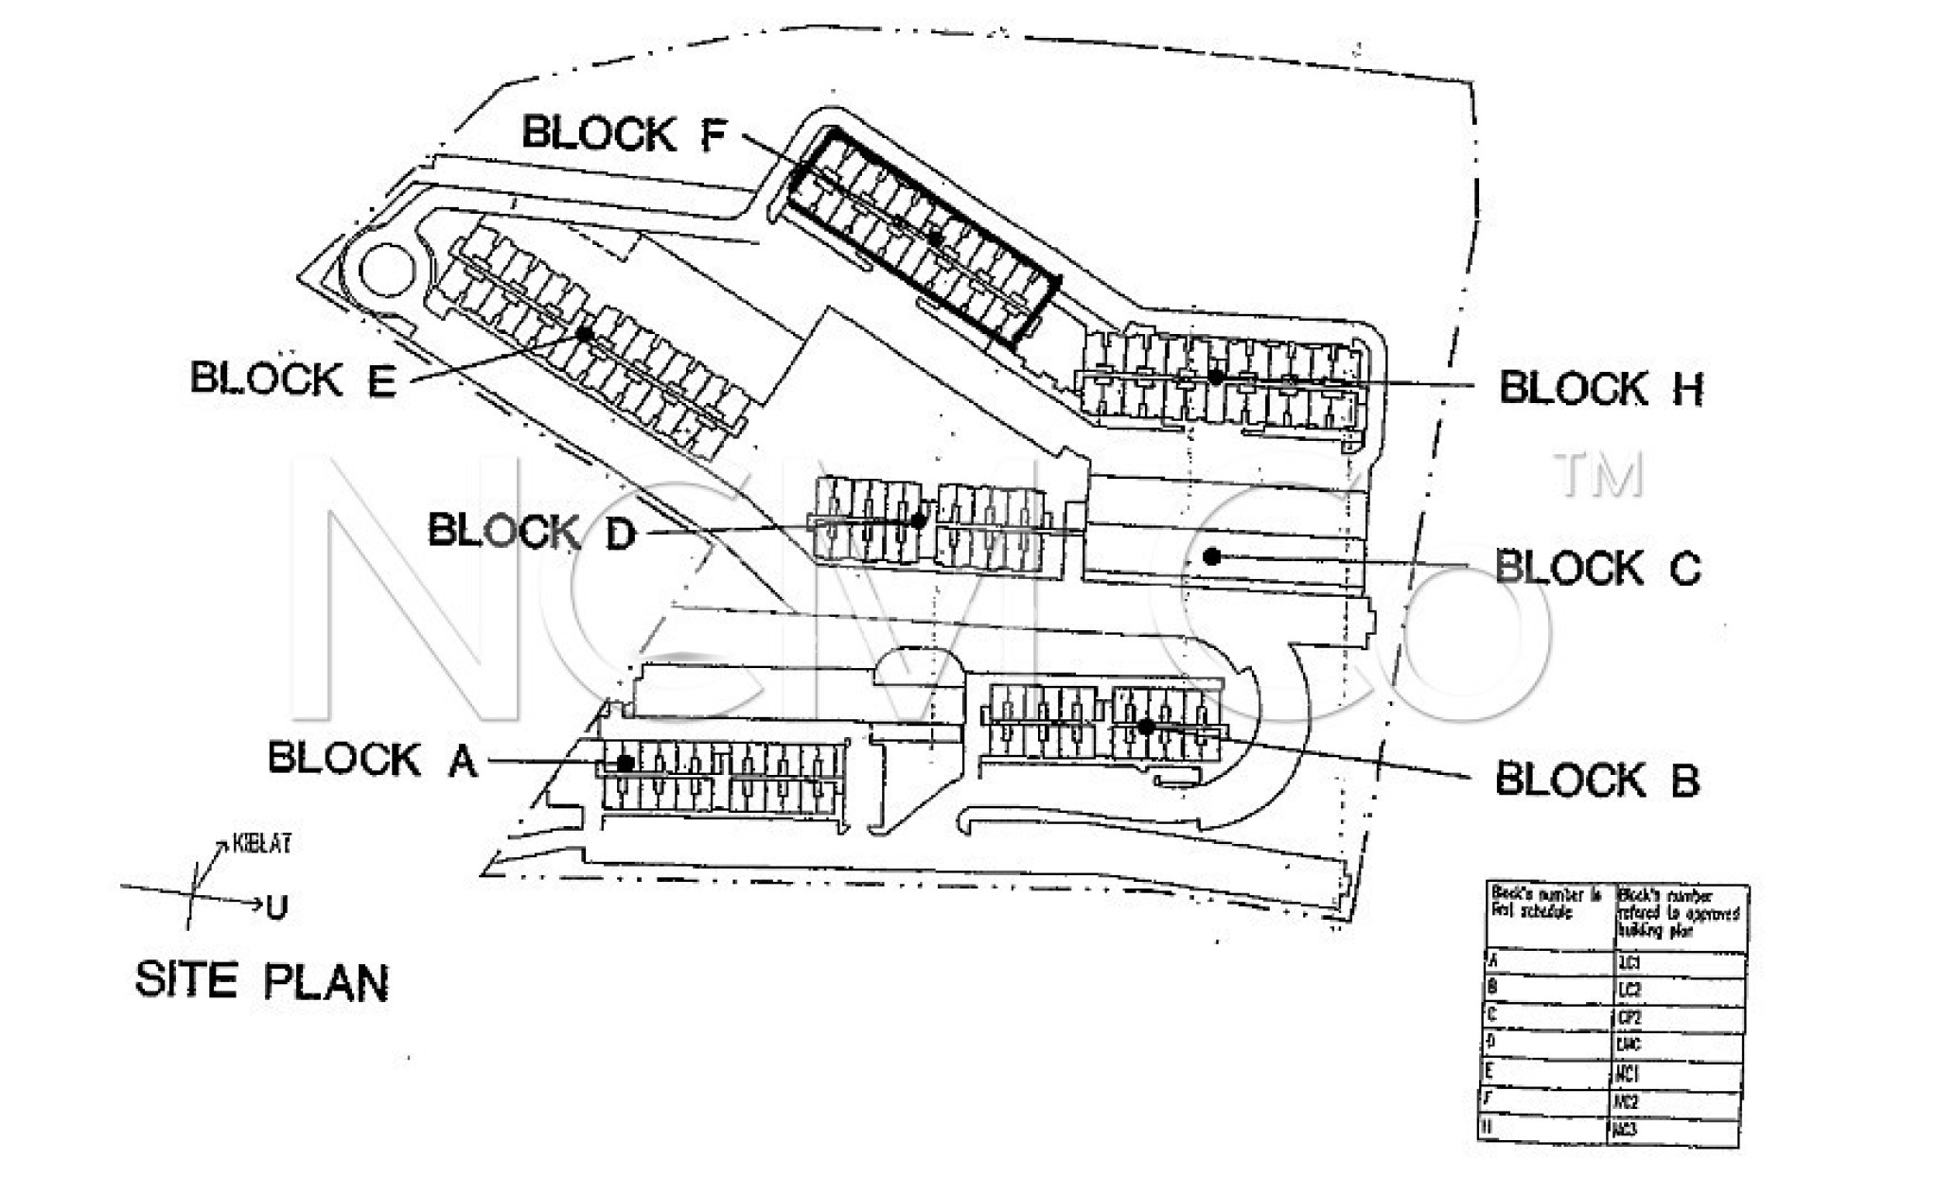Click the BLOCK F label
click(625, 133)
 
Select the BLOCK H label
click(1601, 388)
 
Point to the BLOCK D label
click(532, 532)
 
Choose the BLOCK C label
click(1597, 568)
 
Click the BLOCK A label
click(373, 759)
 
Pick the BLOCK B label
click(1597, 780)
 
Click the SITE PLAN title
click(262, 980)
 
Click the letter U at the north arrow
click(276, 908)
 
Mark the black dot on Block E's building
click(585, 333)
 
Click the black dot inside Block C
click(1212, 556)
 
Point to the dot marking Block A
click(625, 763)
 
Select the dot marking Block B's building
click(1146, 727)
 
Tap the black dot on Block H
click(1216, 377)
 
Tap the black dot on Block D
click(918, 520)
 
